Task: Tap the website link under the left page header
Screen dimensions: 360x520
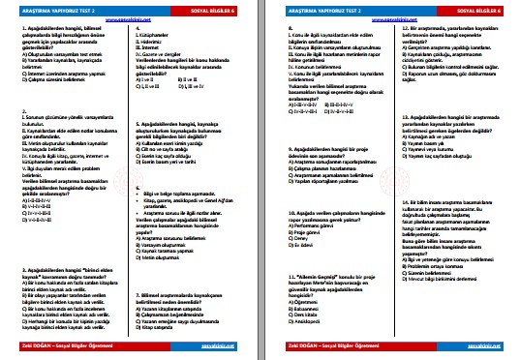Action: pyautogui.click(x=128, y=21)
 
